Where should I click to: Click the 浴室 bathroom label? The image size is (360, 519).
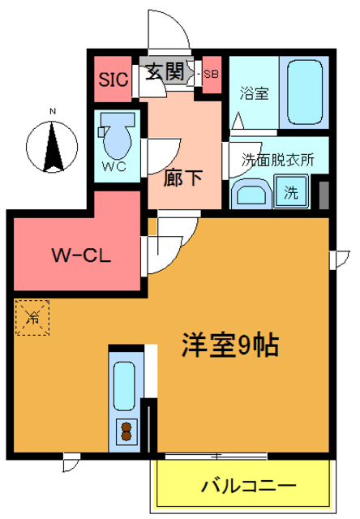coord(254,93)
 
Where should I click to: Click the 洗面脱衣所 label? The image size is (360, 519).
coord(278,160)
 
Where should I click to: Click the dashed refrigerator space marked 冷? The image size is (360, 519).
coord(33,316)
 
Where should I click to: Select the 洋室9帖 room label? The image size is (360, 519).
coord(229,345)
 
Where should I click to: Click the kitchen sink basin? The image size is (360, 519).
coord(124,387)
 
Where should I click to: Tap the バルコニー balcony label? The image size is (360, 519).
coord(248,487)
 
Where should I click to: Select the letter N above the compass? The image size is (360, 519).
coord(51,112)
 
